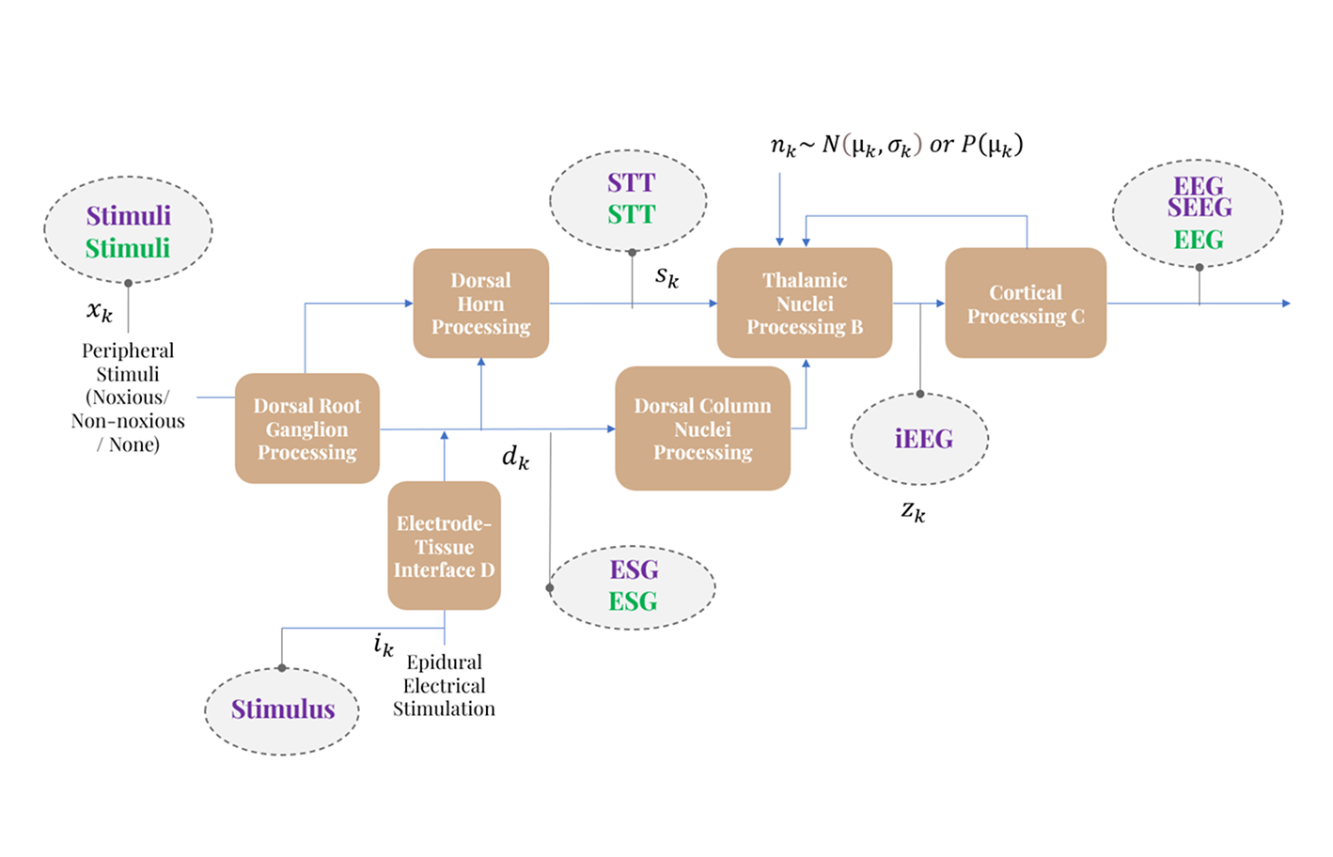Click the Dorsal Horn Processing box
[x=480, y=304]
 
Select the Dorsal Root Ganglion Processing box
[x=307, y=428]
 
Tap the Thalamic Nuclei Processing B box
[x=805, y=304]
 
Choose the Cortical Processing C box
[x=1026, y=304]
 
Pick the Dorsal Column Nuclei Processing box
[x=702, y=428]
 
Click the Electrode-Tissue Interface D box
[x=444, y=546]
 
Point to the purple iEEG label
[x=923, y=439]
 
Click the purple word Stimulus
[x=283, y=709]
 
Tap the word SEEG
[x=1200, y=208]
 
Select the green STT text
[x=631, y=215]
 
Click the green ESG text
[x=633, y=602]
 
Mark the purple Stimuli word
[x=129, y=216]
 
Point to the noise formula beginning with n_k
[x=896, y=146]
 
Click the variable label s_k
[x=666, y=277]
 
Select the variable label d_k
[x=515, y=458]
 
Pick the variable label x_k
[x=100, y=311]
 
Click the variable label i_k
[x=384, y=645]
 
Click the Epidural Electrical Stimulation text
[x=444, y=686]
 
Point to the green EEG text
[x=1199, y=241]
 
